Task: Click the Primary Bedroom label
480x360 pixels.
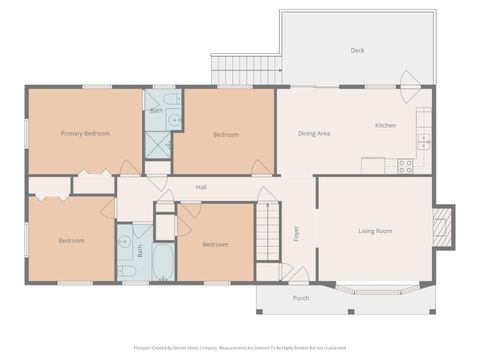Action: coord(85,133)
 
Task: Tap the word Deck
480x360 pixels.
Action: coord(357,50)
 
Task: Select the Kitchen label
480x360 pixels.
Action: coord(385,126)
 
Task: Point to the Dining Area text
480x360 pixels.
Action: coord(314,133)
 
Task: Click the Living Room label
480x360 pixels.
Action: coord(375,231)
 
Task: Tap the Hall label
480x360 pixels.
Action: coord(201,187)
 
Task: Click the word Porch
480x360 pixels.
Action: coord(301,297)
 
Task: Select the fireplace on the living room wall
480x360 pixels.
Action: coord(443,226)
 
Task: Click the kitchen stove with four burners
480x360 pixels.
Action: coord(405,166)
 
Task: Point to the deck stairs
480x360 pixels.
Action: coord(245,70)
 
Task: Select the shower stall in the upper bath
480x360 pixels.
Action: coord(157,143)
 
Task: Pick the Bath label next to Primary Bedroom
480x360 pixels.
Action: coord(157,110)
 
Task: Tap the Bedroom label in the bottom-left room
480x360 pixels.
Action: coord(71,240)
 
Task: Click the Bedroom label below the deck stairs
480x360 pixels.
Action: coord(225,134)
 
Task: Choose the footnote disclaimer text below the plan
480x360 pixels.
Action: coord(240,348)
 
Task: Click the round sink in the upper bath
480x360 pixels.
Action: coord(174,119)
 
